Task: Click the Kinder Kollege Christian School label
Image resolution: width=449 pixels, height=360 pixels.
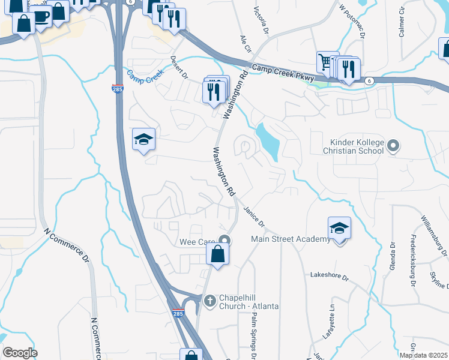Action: (x=352, y=146)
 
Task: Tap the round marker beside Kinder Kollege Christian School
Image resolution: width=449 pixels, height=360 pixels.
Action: (x=393, y=146)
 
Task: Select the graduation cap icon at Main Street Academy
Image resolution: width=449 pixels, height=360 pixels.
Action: (x=339, y=228)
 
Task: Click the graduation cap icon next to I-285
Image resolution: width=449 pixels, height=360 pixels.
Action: (x=143, y=140)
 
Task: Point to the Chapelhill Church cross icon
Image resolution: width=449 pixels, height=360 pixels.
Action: (x=209, y=300)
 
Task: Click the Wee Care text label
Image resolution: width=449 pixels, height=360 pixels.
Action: (x=197, y=242)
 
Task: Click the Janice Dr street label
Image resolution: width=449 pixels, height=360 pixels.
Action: (x=254, y=217)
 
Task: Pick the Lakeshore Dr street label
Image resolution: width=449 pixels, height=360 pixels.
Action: (x=329, y=276)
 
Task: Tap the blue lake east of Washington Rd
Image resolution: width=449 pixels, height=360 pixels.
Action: (x=267, y=142)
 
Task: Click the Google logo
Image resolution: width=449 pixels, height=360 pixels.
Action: (x=20, y=352)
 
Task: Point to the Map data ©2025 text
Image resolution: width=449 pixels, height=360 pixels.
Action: (x=423, y=355)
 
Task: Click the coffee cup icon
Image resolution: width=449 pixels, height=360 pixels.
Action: (x=41, y=16)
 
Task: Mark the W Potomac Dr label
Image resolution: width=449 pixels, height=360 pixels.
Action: (x=352, y=22)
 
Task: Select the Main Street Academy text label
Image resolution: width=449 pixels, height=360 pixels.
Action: (x=290, y=239)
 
